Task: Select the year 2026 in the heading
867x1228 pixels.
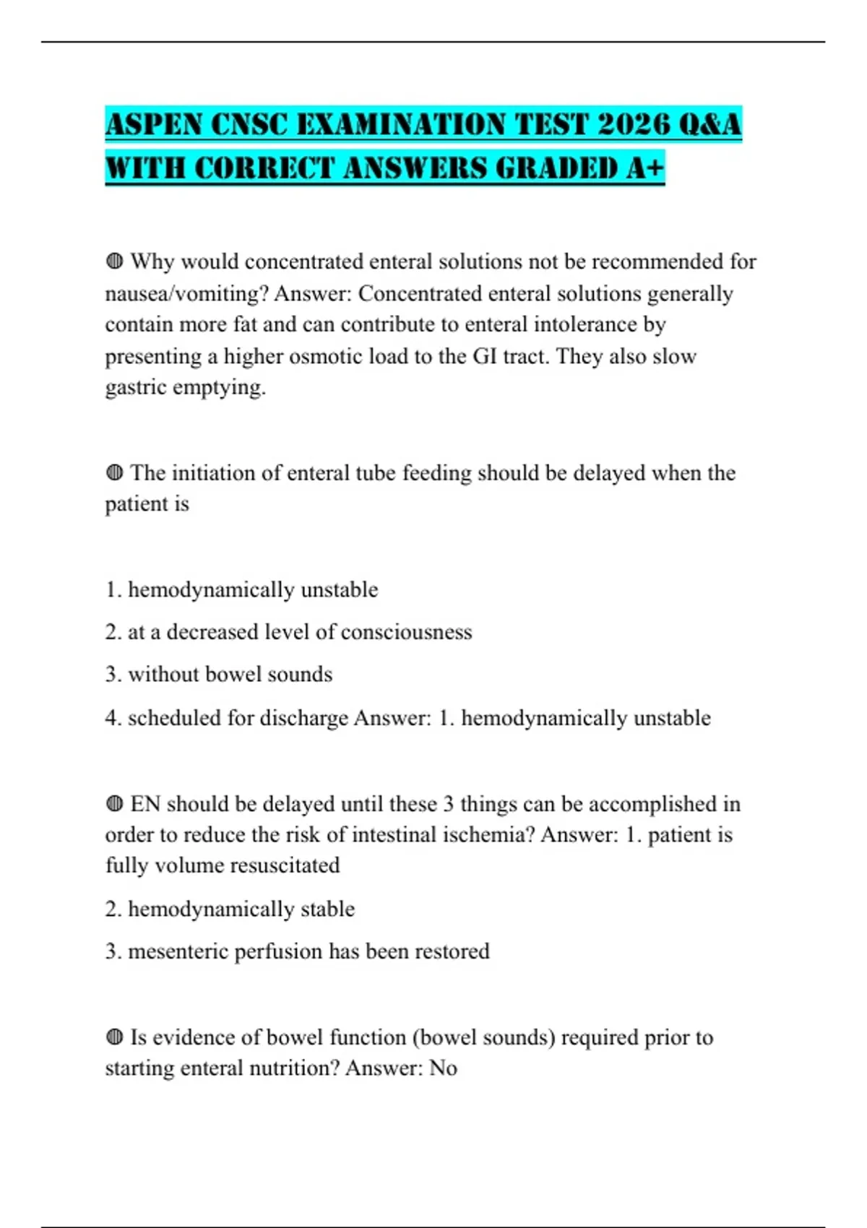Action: tap(634, 124)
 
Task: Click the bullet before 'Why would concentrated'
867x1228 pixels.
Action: tap(114, 261)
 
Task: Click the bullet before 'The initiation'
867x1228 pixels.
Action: tap(114, 473)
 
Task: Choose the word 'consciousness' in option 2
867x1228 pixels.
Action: tap(406, 632)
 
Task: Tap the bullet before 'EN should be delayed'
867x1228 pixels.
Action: tap(114, 804)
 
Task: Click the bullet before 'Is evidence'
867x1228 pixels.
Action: tap(114, 1037)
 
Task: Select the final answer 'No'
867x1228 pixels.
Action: tap(443, 1068)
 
